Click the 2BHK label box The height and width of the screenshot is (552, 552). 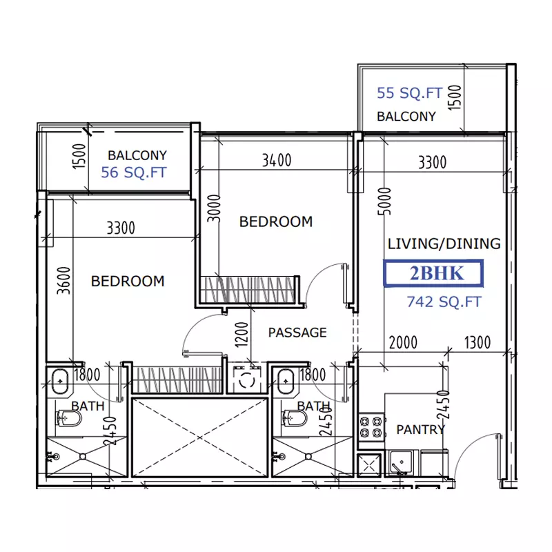tap(433, 273)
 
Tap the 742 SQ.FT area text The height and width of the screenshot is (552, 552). tap(444, 302)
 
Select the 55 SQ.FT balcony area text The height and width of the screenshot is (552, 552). tap(409, 93)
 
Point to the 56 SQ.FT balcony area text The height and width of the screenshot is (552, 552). tap(134, 172)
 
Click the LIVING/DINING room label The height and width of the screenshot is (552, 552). tap(444, 244)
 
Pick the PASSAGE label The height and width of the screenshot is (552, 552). tap(297, 333)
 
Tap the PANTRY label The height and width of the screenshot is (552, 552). tap(421, 429)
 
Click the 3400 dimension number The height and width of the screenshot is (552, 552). tap(277, 161)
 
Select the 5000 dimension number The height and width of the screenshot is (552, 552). tap(384, 201)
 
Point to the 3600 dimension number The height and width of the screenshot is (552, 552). tap(64, 281)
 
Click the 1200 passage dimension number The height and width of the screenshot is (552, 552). tap(242, 335)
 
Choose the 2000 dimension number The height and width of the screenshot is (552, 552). tap(403, 342)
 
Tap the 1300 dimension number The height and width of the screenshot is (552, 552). tap(477, 342)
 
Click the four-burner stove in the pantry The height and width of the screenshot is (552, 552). tap(371, 426)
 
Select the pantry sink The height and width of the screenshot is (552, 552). tap(402, 462)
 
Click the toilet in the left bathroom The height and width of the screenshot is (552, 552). tap(68, 418)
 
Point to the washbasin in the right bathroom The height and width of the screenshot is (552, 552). tap(286, 381)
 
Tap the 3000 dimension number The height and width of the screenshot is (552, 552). tap(214, 208)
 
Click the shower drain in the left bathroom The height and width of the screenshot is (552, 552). tap(83, 457)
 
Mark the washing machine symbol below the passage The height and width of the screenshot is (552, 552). tap(247, 379)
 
